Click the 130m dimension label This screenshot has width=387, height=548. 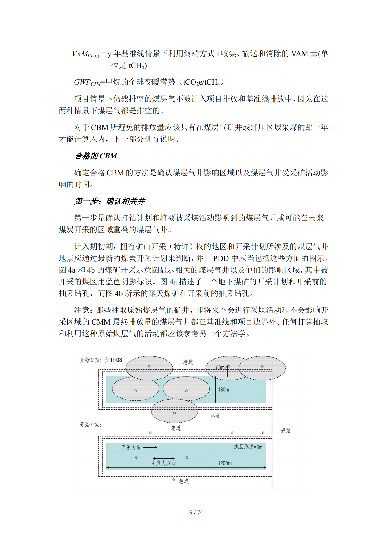click(x=223, y=390)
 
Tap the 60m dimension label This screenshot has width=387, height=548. click(x=220, y=367)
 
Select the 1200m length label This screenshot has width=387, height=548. click(x=225, y=463)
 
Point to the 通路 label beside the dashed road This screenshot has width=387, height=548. click(x=286, y=431)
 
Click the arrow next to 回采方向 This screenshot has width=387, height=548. click(x=150, y=447)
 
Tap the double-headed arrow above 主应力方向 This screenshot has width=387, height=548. click(x=164, y=458)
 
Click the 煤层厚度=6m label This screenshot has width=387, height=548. click(x=248, y=447)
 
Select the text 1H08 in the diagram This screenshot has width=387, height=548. click(x=116, y=360)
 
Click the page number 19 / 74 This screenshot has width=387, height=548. click(x=195, y=512)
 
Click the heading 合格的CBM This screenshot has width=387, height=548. click(x=96, y=156)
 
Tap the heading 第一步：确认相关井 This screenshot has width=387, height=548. click(x=110, y=201)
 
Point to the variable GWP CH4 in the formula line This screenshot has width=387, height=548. click(x=87, y=82)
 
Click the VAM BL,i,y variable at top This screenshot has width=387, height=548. click(x=86, y=54)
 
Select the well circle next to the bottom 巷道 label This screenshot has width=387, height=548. click(x=173, y=480)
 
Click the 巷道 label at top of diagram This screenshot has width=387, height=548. click(x=188, y=362)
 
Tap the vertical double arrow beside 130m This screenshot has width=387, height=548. click(x=216, y=390)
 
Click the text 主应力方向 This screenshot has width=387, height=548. click(x=164, y=463)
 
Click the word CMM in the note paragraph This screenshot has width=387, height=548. click(x=101, y=322)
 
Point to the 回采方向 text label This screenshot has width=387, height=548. click(x=131, y=447)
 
